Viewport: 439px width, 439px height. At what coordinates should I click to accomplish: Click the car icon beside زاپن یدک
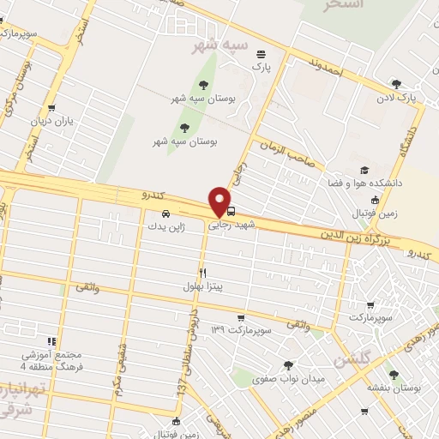coord(165,214)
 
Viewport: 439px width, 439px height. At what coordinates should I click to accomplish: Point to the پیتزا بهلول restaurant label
coord(202,286)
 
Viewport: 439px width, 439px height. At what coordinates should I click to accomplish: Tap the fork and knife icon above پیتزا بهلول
coord(203,272)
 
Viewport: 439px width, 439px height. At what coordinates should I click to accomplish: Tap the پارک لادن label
coord(399,98)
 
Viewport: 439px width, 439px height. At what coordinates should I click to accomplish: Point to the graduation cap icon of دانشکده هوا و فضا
coord(364,170)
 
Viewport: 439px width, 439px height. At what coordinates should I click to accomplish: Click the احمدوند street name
coord(326,67)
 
